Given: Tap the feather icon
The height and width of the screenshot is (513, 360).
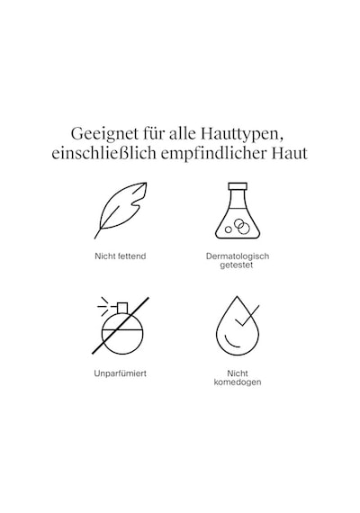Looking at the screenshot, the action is point(121,211).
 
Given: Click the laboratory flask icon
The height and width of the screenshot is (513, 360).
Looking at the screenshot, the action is point(238,211).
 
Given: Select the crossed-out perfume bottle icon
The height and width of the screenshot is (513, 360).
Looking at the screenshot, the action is point(121,326).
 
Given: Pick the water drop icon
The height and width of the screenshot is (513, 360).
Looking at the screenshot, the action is point(238,326).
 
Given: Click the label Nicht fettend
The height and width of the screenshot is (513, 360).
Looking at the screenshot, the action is point(120,256).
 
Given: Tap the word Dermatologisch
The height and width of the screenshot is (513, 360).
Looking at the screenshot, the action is point(238,256).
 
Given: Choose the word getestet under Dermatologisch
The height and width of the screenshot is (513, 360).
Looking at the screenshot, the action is point(237,265).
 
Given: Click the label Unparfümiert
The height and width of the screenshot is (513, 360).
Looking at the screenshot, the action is point(120,373).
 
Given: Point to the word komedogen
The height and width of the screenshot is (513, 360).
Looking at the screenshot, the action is point(238,382).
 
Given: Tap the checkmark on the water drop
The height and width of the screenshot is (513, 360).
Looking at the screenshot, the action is point(247,316).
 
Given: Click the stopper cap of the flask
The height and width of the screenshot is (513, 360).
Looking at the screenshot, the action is point(238,186).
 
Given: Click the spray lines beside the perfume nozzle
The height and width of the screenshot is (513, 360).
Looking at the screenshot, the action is point(103,307).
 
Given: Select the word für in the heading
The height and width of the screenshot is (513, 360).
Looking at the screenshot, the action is point(155,133).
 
